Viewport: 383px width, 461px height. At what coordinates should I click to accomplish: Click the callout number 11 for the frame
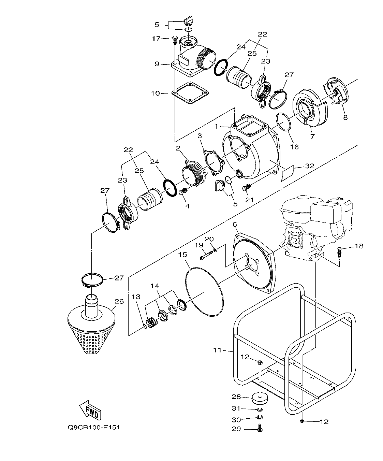pos(217,350)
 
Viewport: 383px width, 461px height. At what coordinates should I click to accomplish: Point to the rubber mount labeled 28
pos(260,398)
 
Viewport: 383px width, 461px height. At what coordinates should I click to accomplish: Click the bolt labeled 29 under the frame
pos(260,428)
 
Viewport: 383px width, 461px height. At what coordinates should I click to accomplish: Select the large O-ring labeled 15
pos(204,292)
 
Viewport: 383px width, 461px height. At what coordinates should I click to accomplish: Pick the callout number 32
pos(309,167)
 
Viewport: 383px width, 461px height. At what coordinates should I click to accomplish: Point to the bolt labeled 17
pos(175,39)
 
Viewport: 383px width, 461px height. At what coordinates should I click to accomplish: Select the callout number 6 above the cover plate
pos(235,225)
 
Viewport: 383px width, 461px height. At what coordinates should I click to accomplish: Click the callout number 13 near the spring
pos(136,297)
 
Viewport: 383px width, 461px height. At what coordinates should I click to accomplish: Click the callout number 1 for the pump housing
pos(216,126)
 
